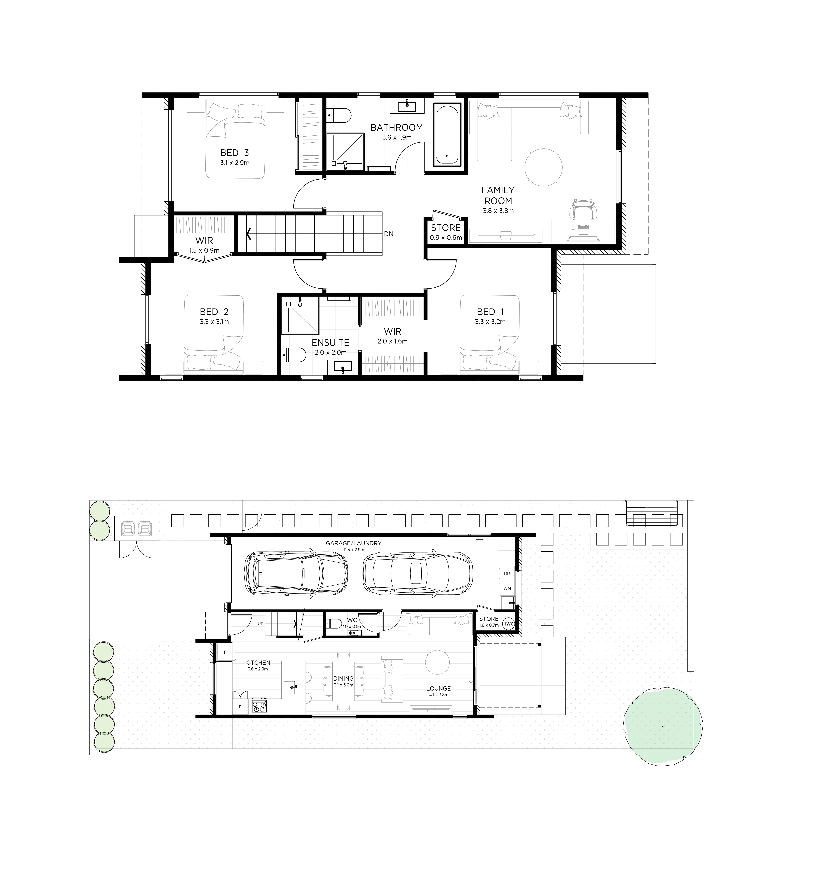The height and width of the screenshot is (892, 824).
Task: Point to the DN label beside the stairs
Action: pos(388,234)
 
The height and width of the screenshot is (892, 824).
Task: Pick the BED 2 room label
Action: pos(214,312)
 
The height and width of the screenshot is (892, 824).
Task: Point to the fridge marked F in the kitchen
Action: pos(225,652)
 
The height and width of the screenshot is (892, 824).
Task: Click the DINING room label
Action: pos(343,678)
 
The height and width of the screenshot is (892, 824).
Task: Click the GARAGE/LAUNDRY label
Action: pos(354,543)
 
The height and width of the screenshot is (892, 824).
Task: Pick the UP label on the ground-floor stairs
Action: pos(260,624)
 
